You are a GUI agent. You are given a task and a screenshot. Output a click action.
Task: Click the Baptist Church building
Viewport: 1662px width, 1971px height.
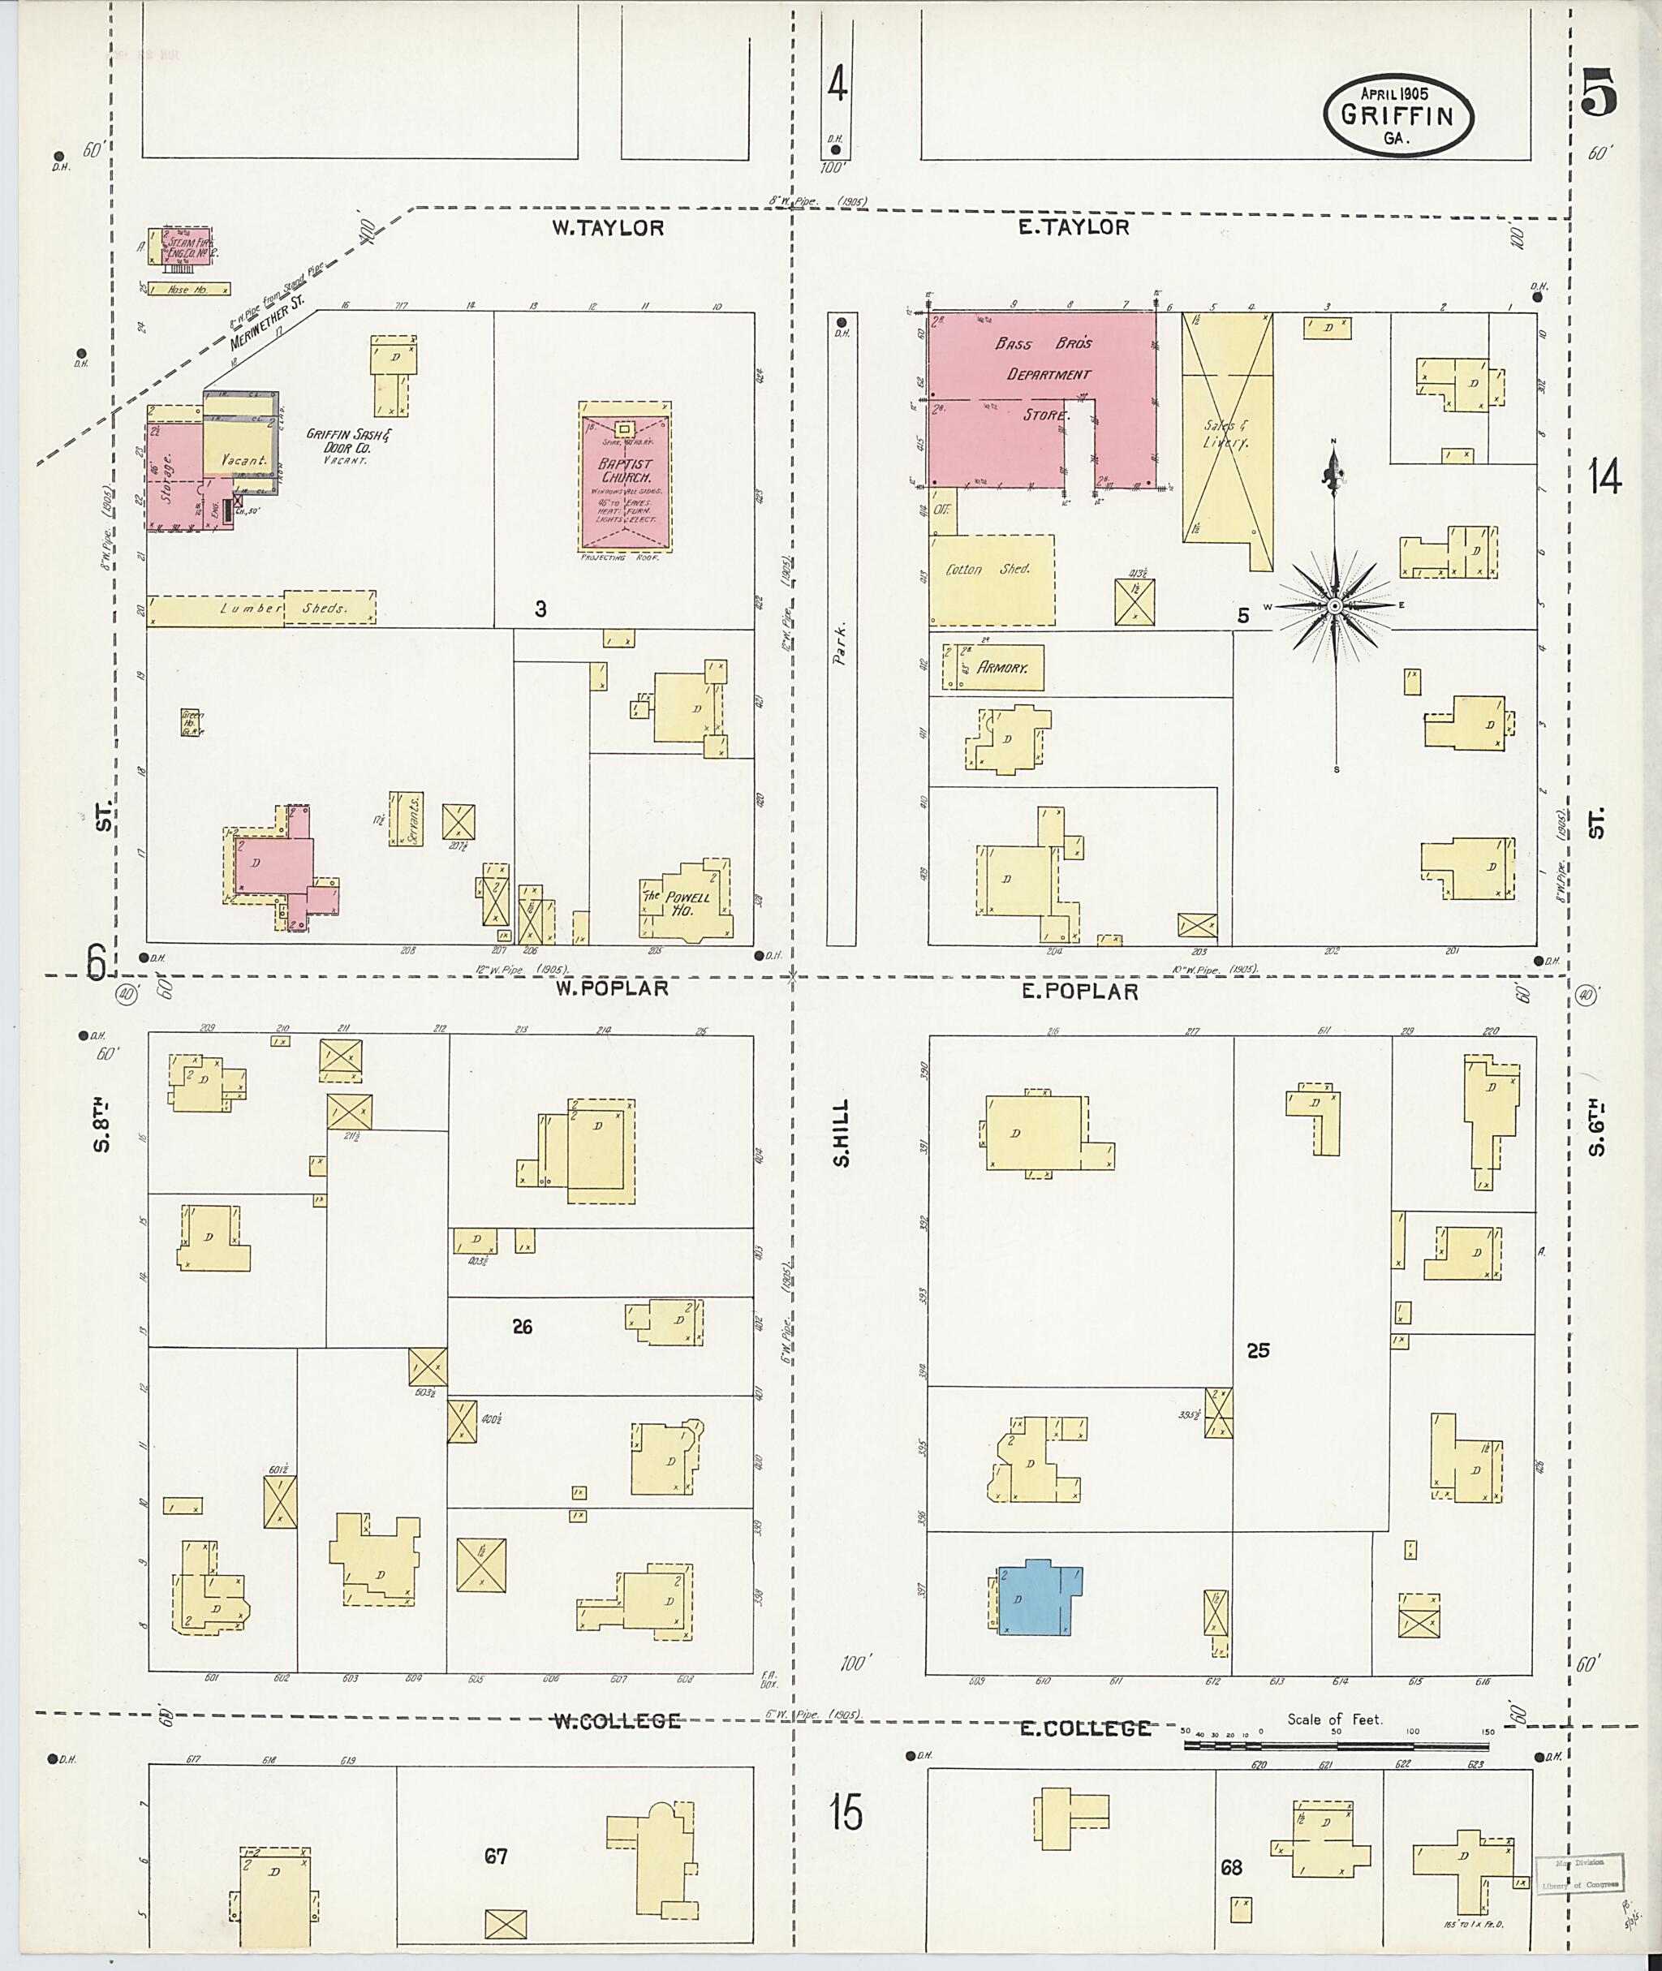[626, 481]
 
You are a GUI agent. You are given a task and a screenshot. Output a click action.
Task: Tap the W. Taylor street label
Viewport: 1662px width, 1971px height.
[608, 228]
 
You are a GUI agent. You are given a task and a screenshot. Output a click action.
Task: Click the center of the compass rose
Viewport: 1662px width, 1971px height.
[1335, 606]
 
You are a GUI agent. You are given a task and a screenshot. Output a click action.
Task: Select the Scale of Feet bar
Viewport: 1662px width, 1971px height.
[1335, 1745]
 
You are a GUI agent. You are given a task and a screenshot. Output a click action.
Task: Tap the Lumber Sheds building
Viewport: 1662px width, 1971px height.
[261, 609]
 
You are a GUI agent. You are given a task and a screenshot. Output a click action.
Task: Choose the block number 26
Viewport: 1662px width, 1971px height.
[522, 1327]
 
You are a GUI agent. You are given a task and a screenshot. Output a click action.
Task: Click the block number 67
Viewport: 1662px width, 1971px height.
[496, 1856]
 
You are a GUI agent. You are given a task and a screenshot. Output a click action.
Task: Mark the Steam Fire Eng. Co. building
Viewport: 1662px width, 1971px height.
[179, 247]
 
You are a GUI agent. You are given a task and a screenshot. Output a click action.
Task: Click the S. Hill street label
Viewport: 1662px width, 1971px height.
[842, 1133]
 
